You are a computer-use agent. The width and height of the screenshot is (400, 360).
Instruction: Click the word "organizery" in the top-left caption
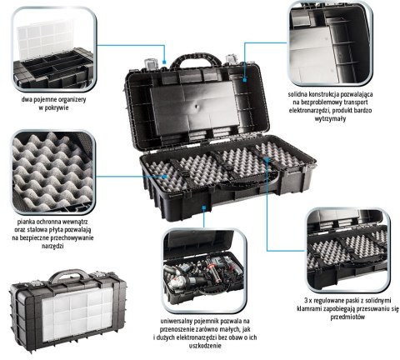point(70,99)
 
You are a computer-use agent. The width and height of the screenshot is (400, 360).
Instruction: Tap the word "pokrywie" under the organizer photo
point(57,107)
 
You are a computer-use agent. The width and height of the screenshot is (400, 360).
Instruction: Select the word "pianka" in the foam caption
point(26,222)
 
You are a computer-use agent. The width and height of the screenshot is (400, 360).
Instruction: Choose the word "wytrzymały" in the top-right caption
point(331,118)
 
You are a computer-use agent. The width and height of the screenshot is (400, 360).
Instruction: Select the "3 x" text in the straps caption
point(308,300)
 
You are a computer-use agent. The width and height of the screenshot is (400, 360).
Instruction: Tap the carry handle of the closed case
point(69,273)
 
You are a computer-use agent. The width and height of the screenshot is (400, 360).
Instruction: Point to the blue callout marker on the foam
point(164,177)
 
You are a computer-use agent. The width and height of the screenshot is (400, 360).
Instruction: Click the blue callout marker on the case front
point(204,207)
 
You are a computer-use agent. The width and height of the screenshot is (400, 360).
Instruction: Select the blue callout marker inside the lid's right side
point(245,80)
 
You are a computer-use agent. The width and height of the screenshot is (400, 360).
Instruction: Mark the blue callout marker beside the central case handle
point(164,62)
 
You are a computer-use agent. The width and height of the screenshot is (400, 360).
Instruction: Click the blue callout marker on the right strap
point(267,159)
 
